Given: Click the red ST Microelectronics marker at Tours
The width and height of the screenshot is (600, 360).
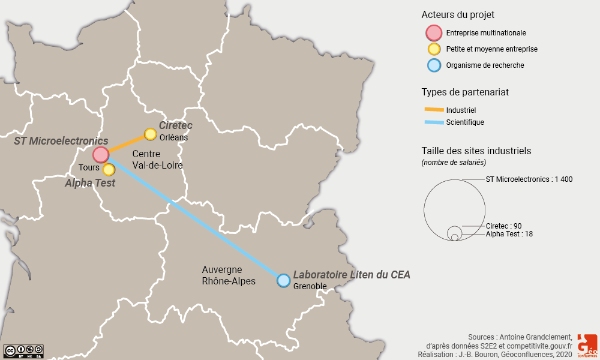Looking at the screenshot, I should [x=100, y=154].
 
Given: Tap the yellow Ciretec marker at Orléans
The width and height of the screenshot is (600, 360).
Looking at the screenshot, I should [x=150, y=134].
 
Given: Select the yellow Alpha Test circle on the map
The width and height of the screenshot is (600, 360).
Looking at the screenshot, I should [x=109, y=169].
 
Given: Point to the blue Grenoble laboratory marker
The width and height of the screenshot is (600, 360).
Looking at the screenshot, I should [x=284, y=280].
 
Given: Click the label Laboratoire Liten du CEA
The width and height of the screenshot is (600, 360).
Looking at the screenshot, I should [x=352, y=275].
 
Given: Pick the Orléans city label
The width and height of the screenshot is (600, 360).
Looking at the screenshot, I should [x=174, y=137].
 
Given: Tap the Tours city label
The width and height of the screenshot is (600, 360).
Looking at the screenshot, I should [x=89, y=167].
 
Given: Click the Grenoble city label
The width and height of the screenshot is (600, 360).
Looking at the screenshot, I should [x=310, y=286].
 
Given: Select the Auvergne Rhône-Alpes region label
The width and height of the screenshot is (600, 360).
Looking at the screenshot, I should [x=229, y=275].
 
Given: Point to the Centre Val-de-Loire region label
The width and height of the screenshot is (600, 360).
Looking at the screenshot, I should [x=157, y=160].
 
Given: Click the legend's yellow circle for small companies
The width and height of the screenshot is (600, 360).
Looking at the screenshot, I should [x=433, y=49].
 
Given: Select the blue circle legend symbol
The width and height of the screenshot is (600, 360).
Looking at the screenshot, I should [x=433, y=65].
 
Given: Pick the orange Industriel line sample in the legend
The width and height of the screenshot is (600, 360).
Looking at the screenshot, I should [x=433, y=110].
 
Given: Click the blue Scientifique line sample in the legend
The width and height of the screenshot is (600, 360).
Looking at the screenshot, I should [x=433, y=122].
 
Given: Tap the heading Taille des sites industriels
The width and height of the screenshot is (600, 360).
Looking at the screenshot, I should [x=476, y=151].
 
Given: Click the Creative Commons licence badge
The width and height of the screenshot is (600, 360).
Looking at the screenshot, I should [x=23, y=350].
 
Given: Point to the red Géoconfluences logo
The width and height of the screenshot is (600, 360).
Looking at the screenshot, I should [x=587, y=346].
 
